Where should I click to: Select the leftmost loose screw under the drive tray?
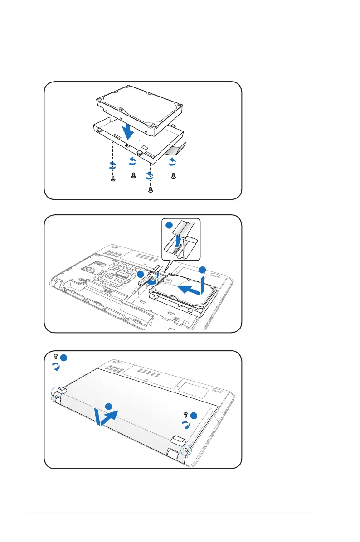point(113,179)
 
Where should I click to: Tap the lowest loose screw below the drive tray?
point(151,190)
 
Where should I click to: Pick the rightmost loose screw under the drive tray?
point(173,176)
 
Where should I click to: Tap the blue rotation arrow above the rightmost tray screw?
point(173,161)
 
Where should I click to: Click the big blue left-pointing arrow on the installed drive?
point(190,289)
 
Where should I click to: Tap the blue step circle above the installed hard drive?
point(202,270)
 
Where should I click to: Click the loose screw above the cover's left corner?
point(55,356)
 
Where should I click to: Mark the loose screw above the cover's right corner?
point(185,414)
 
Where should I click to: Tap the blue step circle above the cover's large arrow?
point(108,406)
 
